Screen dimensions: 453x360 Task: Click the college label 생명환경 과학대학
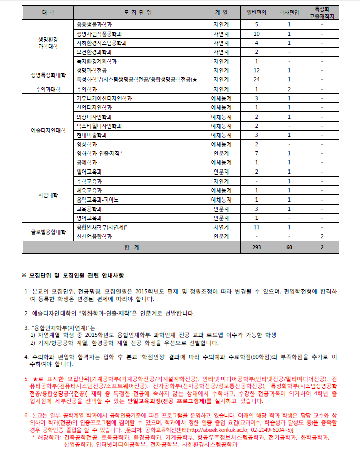tap(48, 43)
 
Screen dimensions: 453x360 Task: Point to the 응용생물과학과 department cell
tap(95, 24)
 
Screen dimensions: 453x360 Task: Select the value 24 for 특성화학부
tap(256, 80)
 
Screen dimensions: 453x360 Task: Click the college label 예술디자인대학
tap(48, 130)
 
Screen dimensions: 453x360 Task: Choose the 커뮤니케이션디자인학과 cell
tap(104, 98)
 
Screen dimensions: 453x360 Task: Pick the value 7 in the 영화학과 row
tap(256, 154)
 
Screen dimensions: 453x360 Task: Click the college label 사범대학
tap(48, 195)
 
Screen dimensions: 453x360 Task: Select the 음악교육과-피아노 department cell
tap(98, 200)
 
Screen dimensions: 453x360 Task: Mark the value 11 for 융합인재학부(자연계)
tap(256, 227)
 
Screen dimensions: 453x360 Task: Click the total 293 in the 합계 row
tap(256, 247)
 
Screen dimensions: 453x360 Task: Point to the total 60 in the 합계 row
tap(289, 247)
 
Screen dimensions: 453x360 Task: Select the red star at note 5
tap(34, 380)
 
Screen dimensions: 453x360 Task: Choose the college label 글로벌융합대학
tap(48, 232)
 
